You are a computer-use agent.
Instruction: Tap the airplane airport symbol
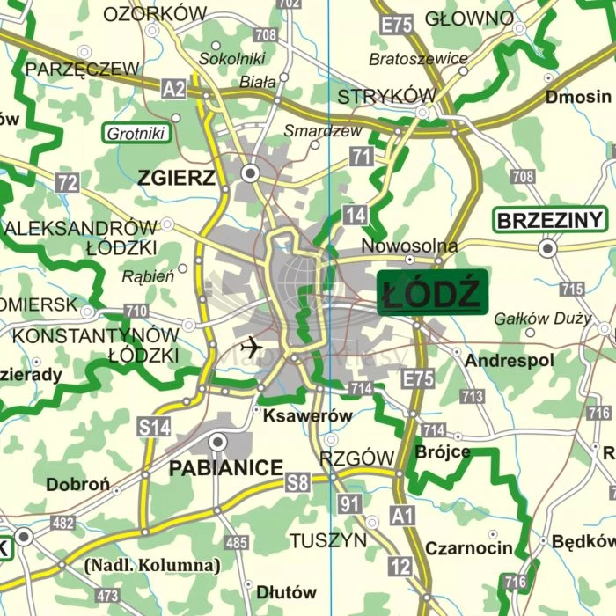tap(251, 347)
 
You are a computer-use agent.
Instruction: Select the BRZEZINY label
tap(551, 220)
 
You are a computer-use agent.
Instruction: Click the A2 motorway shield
tap(174, 87)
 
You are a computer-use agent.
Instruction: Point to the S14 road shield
tap(154, 429)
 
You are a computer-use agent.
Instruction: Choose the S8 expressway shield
tap(297, 482)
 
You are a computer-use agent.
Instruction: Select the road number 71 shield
tap(360, 157)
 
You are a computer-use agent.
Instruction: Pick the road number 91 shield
tap(350, 504)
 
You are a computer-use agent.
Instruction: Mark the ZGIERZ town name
tap(176, 179)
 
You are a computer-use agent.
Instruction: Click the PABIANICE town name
tap(226, 468)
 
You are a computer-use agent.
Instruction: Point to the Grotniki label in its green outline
tap(136, 135)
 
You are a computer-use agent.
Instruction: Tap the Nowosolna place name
tap(409, 246)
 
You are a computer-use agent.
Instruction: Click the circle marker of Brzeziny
tap(548, 250)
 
